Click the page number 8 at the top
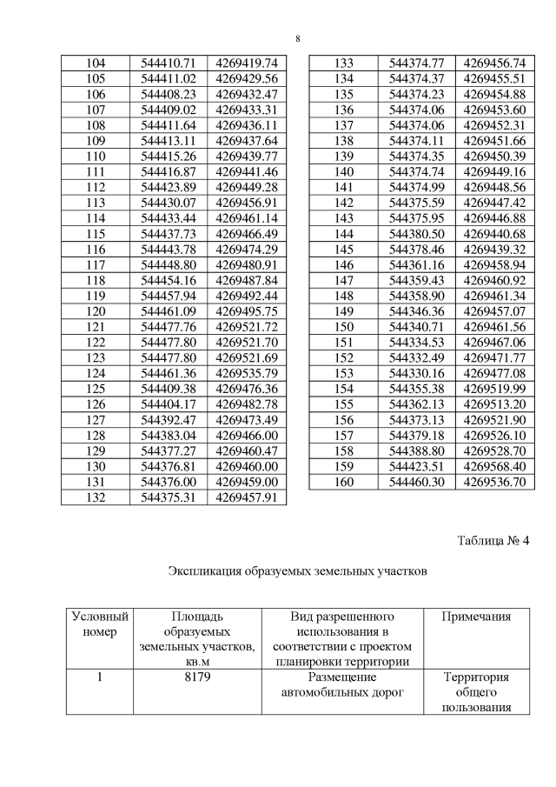[x=298, y=39]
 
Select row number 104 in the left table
[x=96, y=63]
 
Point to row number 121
[x=96, y=326]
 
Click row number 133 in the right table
[x=343, y=63]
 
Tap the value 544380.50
[x=417, y=234]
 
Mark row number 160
[x=343, y=481]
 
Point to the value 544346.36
[x=417, y=310]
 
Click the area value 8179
[x=197, y=677]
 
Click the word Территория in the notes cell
[x=475, y=677]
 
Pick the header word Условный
[x=99, y=617]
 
